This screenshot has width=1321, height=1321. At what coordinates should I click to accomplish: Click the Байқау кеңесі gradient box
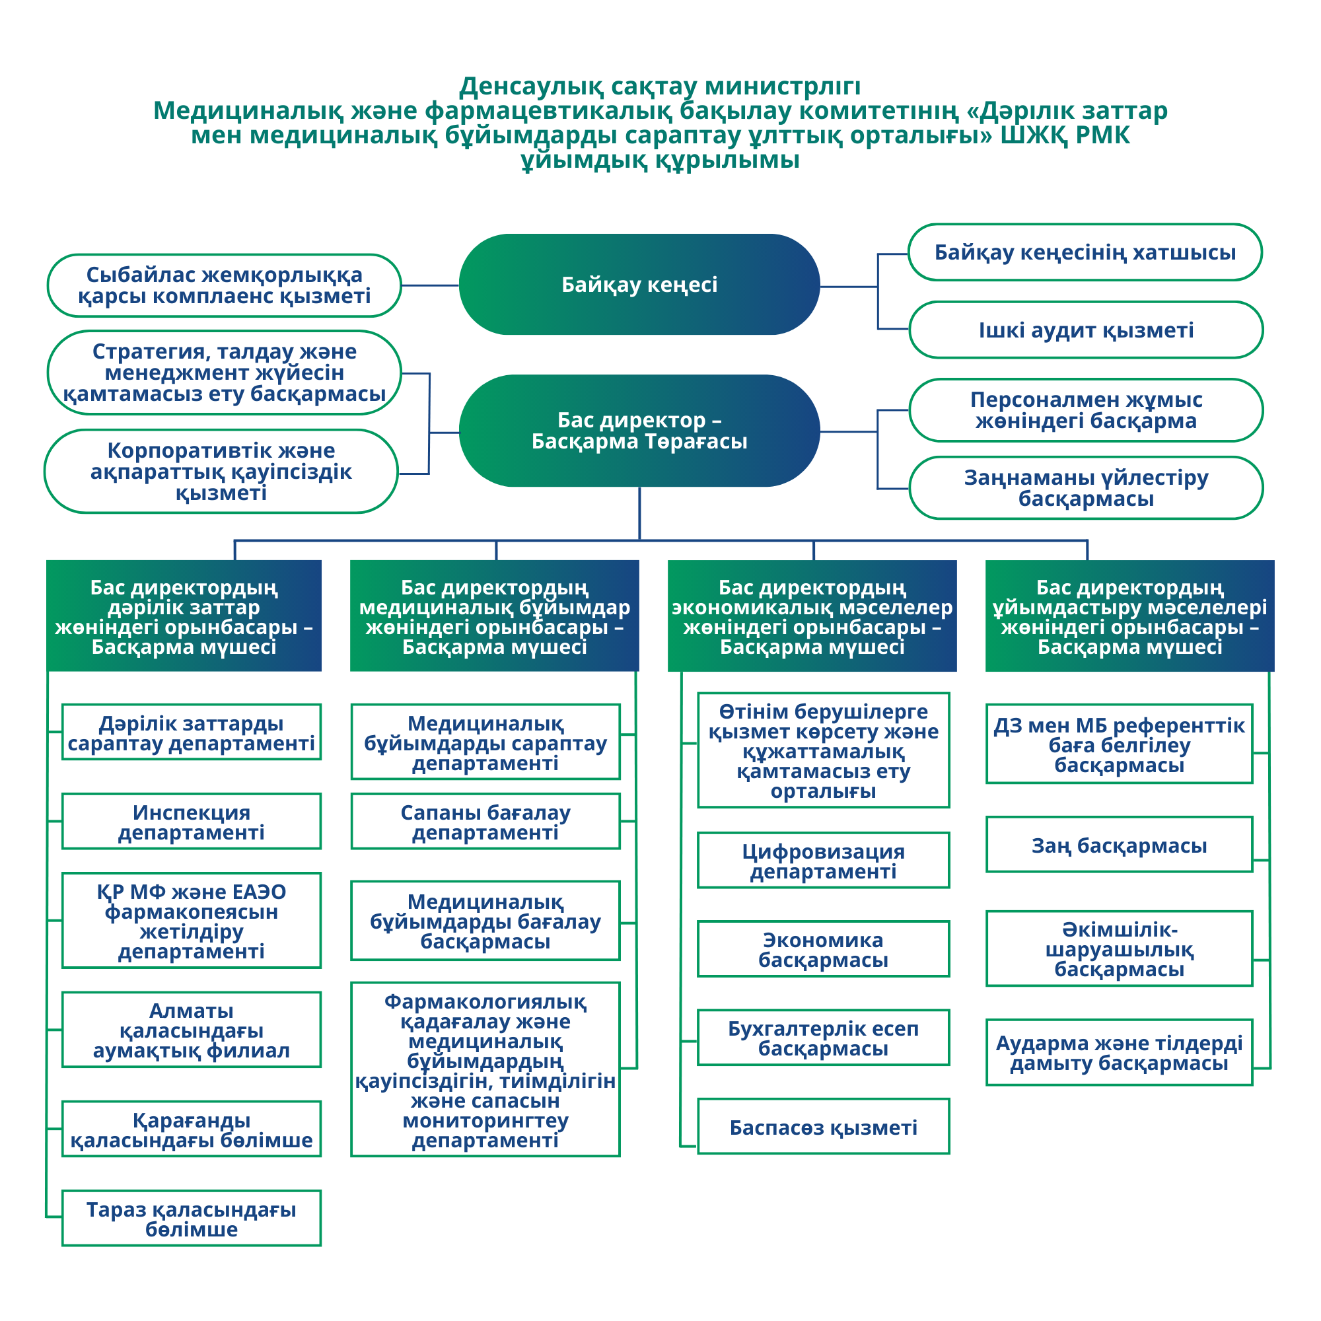tap(639, 285)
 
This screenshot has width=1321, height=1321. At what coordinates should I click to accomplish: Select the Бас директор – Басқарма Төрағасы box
tap(639, 431)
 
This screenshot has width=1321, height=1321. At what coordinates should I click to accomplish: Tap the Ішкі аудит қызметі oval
tap(1086, 330)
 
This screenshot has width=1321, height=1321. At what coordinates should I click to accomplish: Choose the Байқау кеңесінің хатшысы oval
tap(1085, 252)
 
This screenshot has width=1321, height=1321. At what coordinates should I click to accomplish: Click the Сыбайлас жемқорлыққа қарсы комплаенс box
tap(225, 286)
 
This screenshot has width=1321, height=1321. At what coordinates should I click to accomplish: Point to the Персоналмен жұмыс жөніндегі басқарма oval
tap(1086, 410)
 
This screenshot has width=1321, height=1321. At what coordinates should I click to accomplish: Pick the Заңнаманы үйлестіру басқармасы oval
tap(1086, 488)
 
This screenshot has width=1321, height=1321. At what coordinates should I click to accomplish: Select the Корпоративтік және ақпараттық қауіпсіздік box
tap(221, 472)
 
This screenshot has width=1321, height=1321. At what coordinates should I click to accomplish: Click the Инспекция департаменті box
tap(192, 822)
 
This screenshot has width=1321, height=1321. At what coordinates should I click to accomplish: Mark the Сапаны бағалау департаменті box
tap(485, 822)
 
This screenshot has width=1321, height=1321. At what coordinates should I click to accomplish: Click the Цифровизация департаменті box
tap(823, 861)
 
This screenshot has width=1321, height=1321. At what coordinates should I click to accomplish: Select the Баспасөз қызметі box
tap(823, 1127)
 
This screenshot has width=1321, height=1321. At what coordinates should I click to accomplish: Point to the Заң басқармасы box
tap(1120, 845)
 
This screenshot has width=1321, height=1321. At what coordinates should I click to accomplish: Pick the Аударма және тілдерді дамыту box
tap(1120, 1053)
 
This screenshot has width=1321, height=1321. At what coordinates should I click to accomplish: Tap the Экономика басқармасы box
tap(823, 950)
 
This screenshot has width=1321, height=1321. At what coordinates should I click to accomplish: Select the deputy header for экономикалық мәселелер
tap(812, 616)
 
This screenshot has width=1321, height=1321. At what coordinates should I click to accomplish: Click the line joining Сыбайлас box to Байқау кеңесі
tap(430, 285)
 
